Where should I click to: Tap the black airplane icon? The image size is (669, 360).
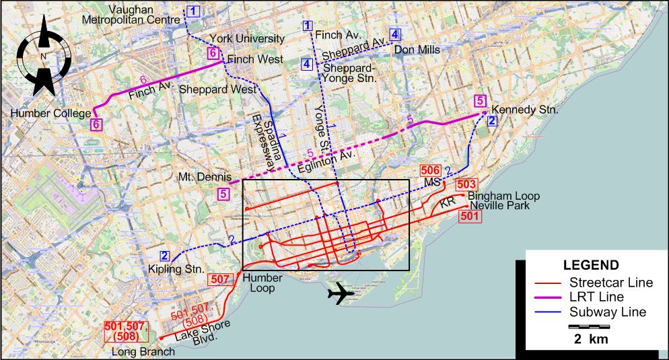(342, 293)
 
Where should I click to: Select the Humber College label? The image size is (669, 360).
(49, 114)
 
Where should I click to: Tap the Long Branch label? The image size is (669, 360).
(143, 351)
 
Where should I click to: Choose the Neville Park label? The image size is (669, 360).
(500, 205)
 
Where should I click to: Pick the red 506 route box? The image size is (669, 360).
(431, 171)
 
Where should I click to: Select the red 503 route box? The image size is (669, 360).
(466, 184)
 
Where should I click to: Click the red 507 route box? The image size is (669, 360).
(220, 279)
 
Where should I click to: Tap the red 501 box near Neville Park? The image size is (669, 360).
(469, 216)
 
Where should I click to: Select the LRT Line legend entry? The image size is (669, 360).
(606, 297)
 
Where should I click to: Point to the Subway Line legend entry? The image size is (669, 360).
(607, 312)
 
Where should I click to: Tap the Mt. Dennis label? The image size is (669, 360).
(205, 177)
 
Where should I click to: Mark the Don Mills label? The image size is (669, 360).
(417, 50)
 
